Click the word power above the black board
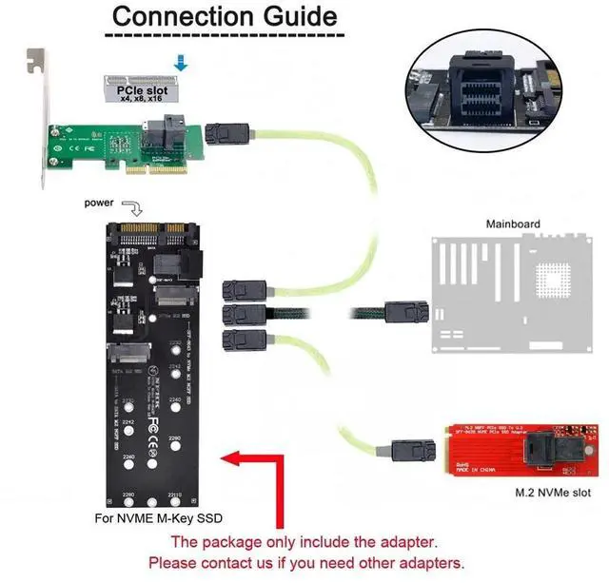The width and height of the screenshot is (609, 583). point(100,203)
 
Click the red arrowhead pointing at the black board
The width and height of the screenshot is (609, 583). point(229,461)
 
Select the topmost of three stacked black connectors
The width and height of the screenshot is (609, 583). point(239,291)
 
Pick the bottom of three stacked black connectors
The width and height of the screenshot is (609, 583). point(239,341)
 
